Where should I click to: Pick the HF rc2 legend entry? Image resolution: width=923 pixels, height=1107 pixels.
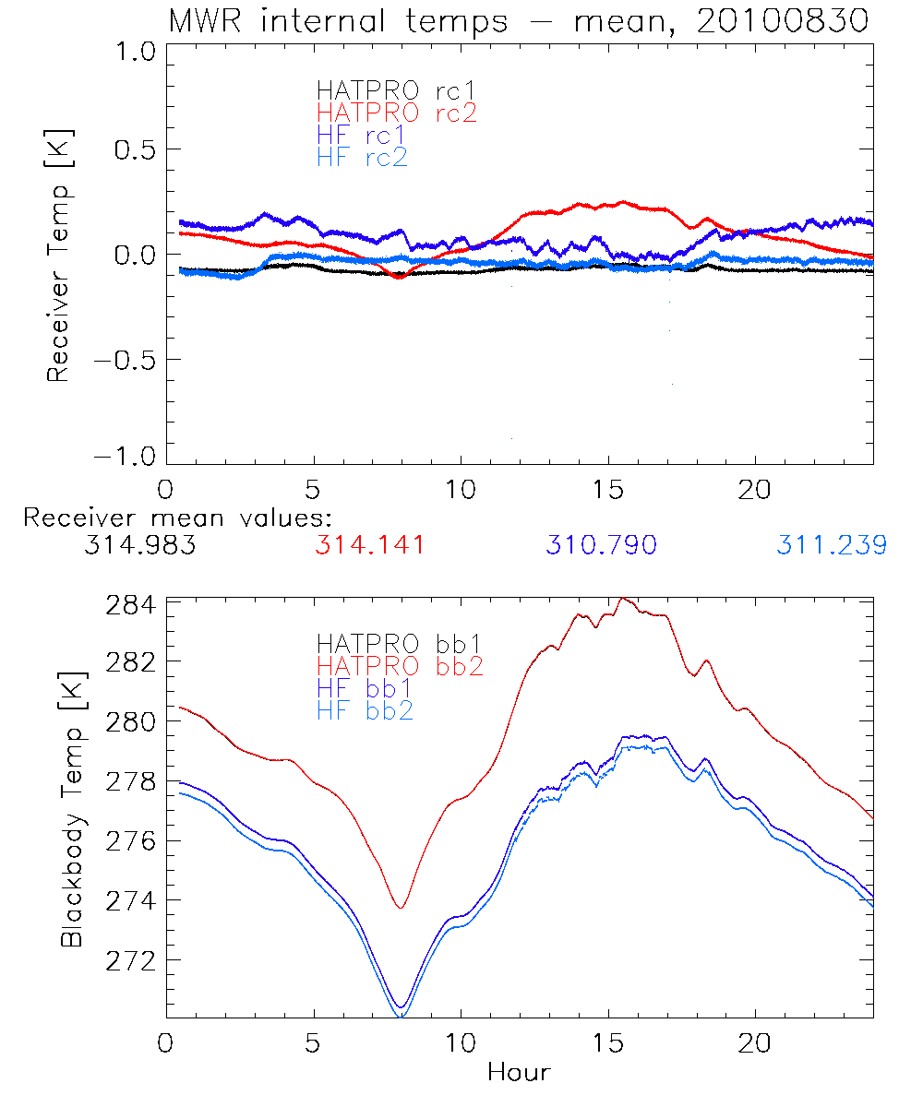point(362,157)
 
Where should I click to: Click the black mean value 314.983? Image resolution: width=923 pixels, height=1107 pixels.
point(139,545)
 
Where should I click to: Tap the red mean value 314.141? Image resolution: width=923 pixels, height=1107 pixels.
point(370,545)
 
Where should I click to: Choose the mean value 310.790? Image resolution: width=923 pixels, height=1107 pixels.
point(601,545)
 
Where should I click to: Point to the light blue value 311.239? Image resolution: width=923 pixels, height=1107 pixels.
point(832,545)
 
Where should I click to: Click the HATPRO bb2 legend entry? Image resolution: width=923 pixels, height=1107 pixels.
point(400,665)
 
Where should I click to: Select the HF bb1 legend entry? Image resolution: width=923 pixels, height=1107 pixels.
point(365,688)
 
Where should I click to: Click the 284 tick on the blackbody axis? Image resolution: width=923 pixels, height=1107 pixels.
point(130,606)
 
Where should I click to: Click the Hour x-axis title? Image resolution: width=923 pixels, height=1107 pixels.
point(519,1073)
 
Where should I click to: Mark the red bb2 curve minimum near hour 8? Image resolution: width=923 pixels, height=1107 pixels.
point(401,908)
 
